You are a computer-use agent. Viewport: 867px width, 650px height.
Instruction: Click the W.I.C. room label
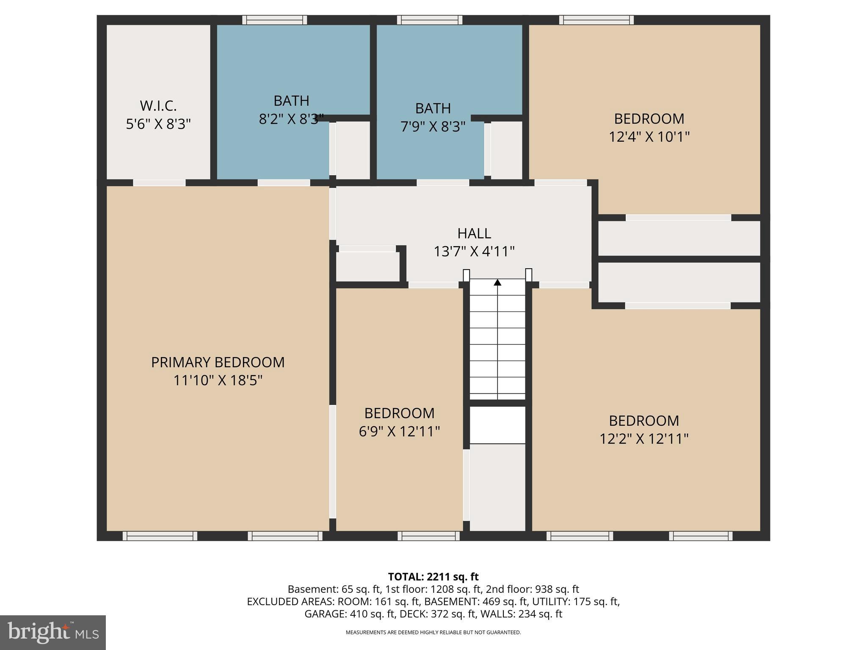(158, 105)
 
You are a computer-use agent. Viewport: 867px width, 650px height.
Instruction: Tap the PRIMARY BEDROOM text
(218, 362)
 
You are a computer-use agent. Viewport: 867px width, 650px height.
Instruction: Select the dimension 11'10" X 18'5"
(218, 380)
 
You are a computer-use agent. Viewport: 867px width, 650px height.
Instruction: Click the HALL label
(474, 233)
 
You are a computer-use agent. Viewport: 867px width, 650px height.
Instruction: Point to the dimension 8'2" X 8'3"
(291, 119)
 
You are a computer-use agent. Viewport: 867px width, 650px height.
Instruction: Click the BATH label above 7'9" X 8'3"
(433, 108)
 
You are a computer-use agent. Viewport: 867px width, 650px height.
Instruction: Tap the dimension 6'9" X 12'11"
(399, 432)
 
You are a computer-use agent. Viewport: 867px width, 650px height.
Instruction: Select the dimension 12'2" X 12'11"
(644, 439)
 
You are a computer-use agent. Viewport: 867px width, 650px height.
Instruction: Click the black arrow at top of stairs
(497, 282)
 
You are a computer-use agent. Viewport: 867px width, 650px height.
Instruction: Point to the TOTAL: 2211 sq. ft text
(433, 577)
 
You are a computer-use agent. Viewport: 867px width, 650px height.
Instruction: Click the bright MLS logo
(53, 633)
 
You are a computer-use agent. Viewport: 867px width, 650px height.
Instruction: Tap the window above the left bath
(275, 20)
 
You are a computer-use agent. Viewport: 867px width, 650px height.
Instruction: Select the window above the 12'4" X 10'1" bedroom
(596, 20)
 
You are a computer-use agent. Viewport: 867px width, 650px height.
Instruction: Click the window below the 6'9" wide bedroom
(428, 536)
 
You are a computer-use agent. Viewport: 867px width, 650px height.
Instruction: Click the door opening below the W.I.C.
(159, 183)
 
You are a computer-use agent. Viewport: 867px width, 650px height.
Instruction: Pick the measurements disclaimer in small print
(433, 633)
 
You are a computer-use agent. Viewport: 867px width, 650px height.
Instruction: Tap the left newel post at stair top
(466, 275)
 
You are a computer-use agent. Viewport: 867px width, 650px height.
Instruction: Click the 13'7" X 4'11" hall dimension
(474, 252)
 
